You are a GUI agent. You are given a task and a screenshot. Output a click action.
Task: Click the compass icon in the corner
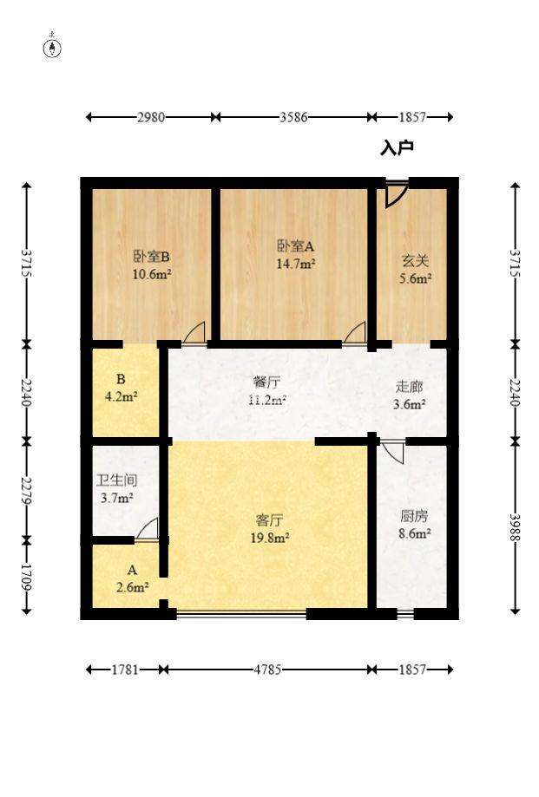(53, 48)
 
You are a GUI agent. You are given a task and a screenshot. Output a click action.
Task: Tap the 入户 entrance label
(397, 148)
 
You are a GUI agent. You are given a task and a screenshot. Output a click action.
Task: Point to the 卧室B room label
(151, 257)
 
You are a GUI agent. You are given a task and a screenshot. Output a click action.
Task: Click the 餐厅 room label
(266, 382)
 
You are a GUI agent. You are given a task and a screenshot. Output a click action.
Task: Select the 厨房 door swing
(392, 452)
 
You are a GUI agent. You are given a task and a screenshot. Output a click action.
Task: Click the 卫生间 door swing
(148, 530)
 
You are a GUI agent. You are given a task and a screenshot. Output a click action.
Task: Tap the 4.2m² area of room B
(122, 396)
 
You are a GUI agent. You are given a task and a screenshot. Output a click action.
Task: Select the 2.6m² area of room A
(133, 587)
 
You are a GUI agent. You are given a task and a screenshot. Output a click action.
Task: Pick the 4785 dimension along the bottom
(266, 670)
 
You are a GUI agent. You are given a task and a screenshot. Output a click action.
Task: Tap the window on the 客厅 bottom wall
(241, 614)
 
